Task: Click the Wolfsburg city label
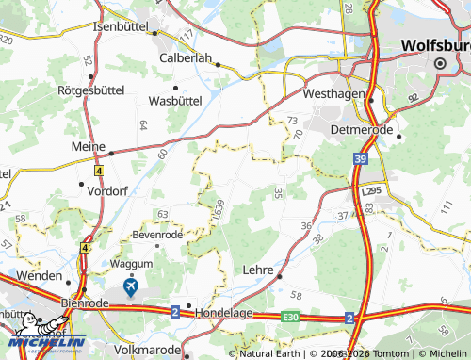click(x=434, y=44)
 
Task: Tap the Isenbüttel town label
click(x=122, y=26)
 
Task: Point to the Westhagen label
click(x=333, y=94)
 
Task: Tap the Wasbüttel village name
click(x=176, y=99)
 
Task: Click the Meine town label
click(x=89, y=147)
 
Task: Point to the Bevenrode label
click(x=156, y=233)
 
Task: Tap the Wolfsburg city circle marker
click(x=439, y=63)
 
